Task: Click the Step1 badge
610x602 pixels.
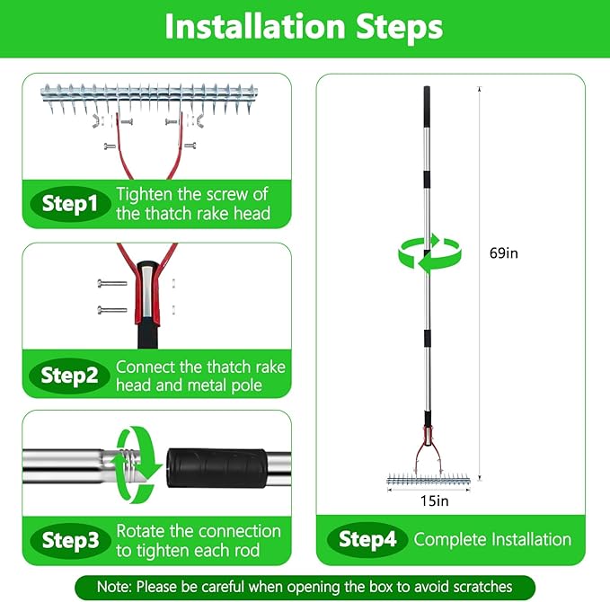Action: click(70, 204)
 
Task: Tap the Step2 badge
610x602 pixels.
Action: click(69, 376)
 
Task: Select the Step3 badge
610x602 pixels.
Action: click(70, 540)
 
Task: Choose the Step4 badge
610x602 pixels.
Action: click(367, 539)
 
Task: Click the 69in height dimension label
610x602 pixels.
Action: click(504, 253)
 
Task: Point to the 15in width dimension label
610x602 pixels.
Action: click(434, 500)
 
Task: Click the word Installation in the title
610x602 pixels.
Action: click(255, 27)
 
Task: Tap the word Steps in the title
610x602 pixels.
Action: click(400, 28)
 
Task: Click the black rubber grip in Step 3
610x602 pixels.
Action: click(217, 468)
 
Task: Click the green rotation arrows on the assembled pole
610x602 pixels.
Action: click(430, 253)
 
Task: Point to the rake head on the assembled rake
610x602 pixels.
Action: click(429, 480)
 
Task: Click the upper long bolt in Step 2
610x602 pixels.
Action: click(112, 283)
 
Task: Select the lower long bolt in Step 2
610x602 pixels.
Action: click(112, 310)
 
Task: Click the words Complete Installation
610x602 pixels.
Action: click(492, 540)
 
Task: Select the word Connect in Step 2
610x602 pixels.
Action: click(146, 367)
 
